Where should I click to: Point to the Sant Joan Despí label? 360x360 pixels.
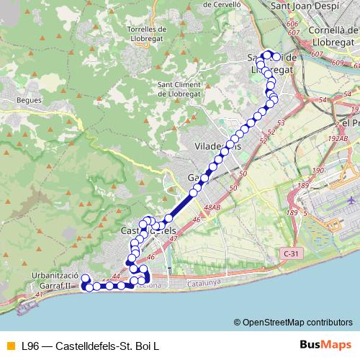tap(300, 7)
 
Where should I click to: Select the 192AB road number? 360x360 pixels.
tap(339, 139)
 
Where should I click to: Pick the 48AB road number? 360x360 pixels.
tap(212, 208)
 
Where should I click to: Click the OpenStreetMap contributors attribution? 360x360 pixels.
tap(297, 323)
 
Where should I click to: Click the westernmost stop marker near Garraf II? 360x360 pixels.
tap(84, 279)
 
